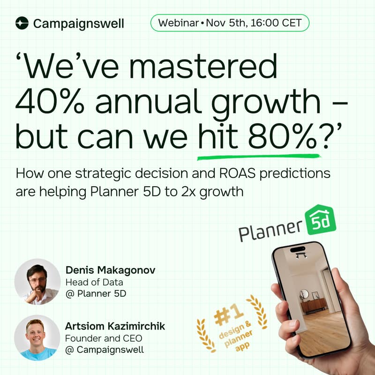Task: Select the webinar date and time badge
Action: pos(230,22)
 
